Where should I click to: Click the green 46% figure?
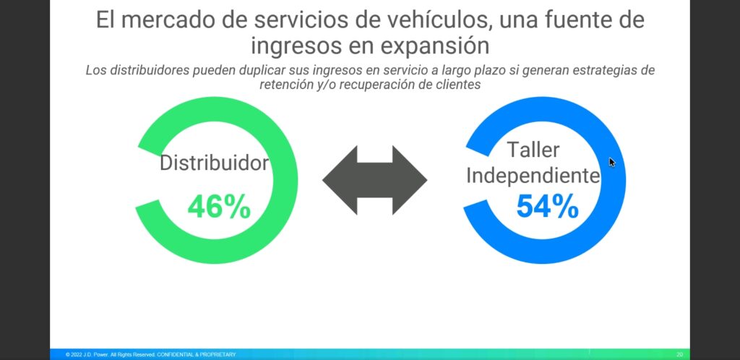(x=219, y=207)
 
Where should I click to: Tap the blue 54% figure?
(x=548, y=206)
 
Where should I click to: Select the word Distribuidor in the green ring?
(x=214, y=163)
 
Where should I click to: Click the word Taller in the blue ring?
(x=533, y=150)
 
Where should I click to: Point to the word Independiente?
(x=533, y=176)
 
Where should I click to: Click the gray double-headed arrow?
(x=375, y=180)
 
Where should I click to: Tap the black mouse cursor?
(x=612, y=163)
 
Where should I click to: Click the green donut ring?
(x=288, y=180)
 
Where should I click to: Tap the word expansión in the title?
(x=436, y=46)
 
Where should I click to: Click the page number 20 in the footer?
(x=679, y=354)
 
